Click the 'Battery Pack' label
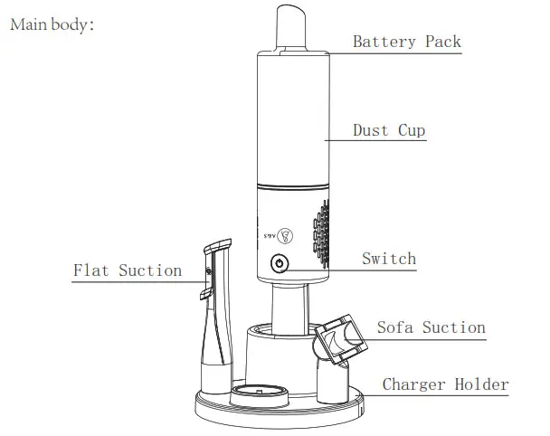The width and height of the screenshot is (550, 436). pos(406,42)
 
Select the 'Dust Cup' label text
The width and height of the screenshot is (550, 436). pos(388,130)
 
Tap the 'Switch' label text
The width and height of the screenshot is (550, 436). pos(389,259)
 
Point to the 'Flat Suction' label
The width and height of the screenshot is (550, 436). pos(128,270)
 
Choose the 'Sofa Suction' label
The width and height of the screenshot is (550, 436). pos(431,327)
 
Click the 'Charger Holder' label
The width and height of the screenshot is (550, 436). pos(445,384)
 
